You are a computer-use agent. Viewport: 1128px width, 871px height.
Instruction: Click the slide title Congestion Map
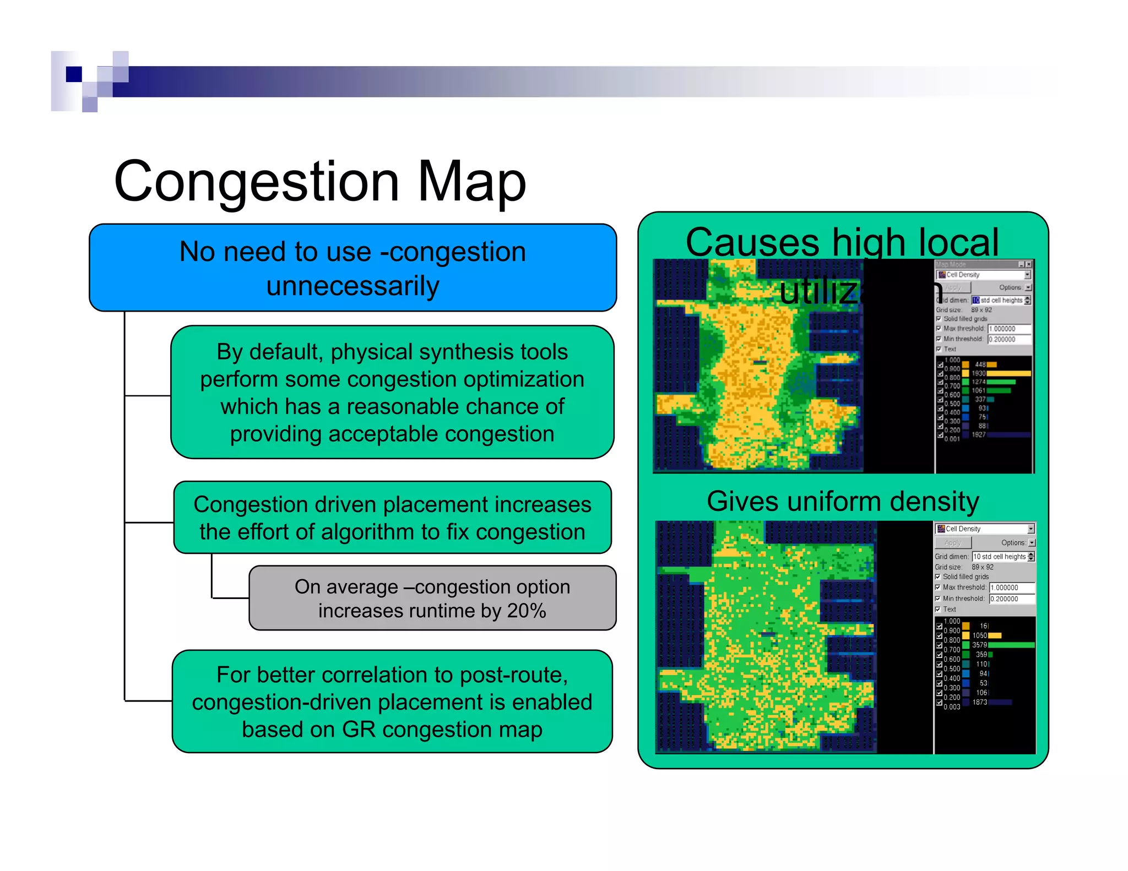pyautogui.click(x=319, y=182)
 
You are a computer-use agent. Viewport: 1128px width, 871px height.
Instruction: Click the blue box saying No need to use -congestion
pyautogui.click(x=352, y=268)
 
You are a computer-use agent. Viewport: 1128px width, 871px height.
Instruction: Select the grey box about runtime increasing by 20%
pyautogui.click(x=432, y=598)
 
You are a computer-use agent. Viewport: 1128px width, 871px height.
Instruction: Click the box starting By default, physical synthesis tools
pyautogui.click(x=392, y=392)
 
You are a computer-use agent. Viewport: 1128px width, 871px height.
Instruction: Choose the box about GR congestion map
pyautogui.click(x=392, y=701)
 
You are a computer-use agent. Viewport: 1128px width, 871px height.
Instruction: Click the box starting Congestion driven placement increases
pyautogui.click(x=392, y=518)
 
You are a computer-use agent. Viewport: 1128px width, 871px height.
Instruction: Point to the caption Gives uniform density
pyautogui.click(x=843, y=502)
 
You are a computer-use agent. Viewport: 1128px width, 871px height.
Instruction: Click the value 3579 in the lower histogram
pyautogui.click(x=979, y=645)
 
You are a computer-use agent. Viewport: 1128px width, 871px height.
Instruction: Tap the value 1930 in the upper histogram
pyautogui.click(x=978, y=373)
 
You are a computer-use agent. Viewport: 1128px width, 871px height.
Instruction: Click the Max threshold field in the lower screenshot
pyautogui.click(x=1012, y=587)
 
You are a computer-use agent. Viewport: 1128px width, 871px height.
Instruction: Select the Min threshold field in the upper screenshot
pyautogui.click(x=1009, y=339)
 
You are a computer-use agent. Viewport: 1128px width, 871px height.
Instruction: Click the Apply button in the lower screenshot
pyautogui.click(x=953, y=543)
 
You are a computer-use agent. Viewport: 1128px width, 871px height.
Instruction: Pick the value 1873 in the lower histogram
pyautogui.click(x=979, y=702)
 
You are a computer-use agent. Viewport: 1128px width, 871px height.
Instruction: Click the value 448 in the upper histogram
pyautogui.click(x=980, y=364)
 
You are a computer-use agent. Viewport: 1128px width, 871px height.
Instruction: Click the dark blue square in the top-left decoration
pyautogui.click(x=74, y=74)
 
